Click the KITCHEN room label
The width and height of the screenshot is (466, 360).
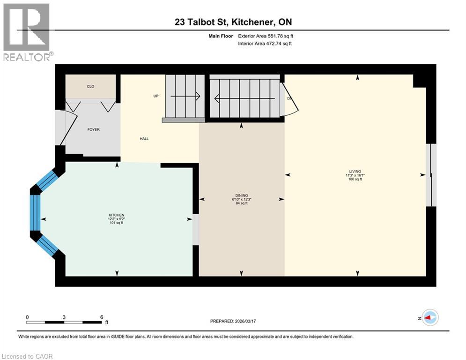tap(117, 215)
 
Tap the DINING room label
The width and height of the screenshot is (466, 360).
tap(241, 195)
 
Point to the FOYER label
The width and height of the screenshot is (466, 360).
tap(93, 130)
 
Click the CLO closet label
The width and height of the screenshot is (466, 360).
tap(91, 87)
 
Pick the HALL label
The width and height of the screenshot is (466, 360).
tap(144, 139)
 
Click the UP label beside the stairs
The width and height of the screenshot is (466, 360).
tap(156, 96)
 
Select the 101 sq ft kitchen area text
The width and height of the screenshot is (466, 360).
tap(117, 223)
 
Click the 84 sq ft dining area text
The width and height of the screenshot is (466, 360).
tap(241, 203)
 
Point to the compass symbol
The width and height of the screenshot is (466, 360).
tap(430, 317)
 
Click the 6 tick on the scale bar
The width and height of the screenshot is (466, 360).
tap(101, 317)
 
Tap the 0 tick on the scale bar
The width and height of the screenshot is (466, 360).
tap(27, 317)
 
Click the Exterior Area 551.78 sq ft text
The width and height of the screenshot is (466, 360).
tap(266, 36)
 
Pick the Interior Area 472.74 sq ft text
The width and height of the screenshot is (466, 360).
tap(266, 44)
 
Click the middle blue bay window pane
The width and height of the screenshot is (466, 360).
tap(35, 212)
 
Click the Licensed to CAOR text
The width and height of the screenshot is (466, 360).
tap(28, 356)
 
